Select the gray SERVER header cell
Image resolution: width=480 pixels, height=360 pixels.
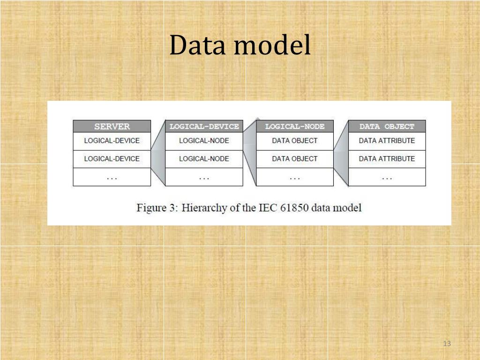tap(112, 127)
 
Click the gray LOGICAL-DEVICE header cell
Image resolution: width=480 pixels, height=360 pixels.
tap(204, 127)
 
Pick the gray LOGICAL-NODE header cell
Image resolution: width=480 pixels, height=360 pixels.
tap(295, 127)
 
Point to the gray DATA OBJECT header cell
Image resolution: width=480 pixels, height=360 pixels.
tap(387, 127)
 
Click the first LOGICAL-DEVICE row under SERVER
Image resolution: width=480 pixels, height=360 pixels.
tap(112, 141)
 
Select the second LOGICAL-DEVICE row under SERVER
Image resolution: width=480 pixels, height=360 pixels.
tap(112, 159)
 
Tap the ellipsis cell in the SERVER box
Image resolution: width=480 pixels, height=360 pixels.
tap(112, 177)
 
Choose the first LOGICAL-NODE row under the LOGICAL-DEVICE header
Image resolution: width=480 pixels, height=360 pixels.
tap(204, 141)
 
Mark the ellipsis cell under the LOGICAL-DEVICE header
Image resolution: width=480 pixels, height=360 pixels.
tap(204, 177)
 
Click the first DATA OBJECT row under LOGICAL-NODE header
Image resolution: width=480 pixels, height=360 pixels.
tap(295, 141)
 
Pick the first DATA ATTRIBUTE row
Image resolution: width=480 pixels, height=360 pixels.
tap(387, 141)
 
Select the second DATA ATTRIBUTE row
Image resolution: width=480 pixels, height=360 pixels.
tap(387, 159)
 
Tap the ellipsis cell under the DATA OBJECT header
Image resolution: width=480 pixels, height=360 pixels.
tap(387, 177)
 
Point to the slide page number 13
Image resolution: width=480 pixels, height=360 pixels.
tap(446, 344)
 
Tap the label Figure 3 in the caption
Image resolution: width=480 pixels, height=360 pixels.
tap(156, 208)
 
